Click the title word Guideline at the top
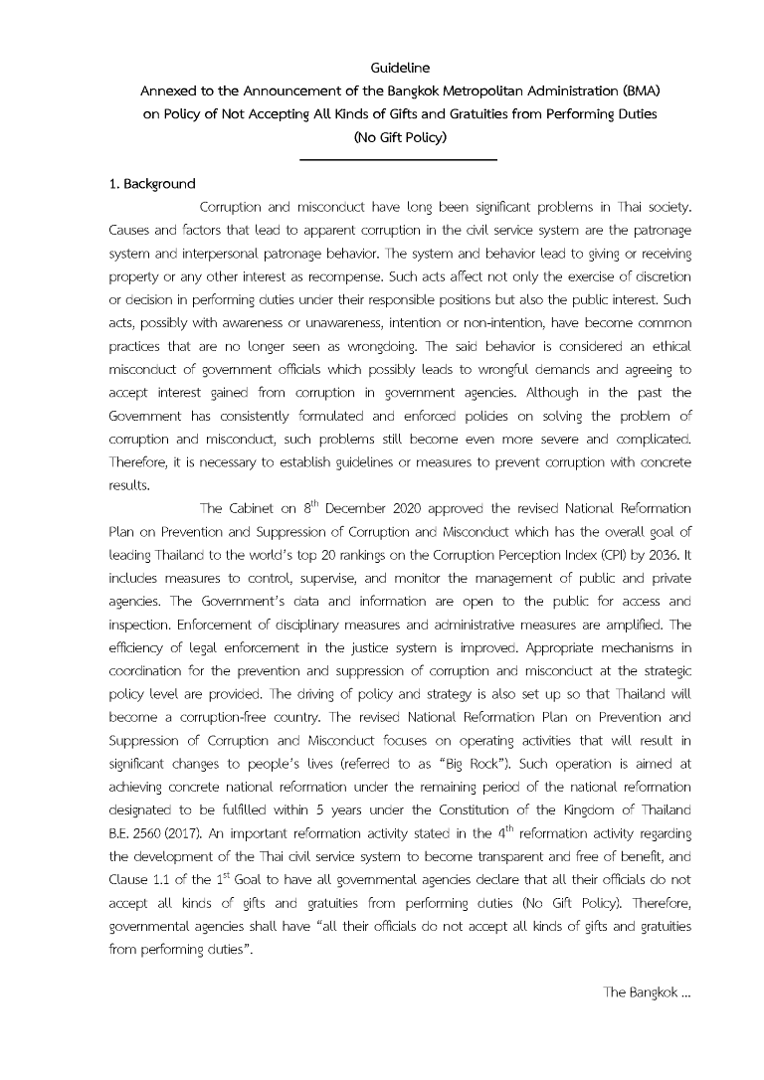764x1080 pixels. [400, 69]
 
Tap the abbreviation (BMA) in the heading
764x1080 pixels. [637, 91]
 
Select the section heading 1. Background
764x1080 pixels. [152, 184]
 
